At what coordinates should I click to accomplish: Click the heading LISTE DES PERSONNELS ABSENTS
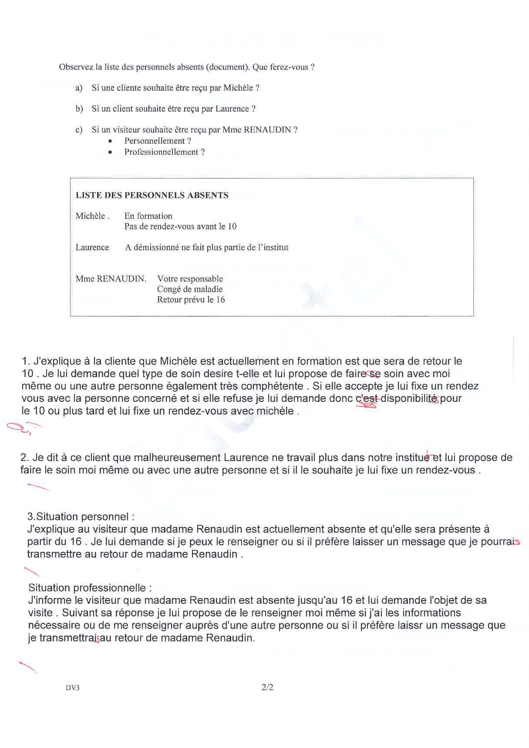tap(152, 195)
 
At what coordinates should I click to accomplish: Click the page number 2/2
tap(267, 687)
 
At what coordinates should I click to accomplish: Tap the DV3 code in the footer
tap(73, 688)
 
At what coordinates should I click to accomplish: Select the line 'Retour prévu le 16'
tap(191, 300)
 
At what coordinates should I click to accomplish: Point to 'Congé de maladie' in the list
tap(190, 289)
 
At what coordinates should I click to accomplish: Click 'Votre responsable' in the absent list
tap(190, 279)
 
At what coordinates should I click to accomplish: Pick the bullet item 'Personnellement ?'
tap(158, 141)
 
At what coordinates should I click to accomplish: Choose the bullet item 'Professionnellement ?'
tap(165, 152)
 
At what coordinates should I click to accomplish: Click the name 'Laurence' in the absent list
tap(92, 248)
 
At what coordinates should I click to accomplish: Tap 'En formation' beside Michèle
tap(148, 216)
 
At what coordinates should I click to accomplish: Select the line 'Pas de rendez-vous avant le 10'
tap(180, 227)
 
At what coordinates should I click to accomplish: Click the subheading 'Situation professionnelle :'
tap(90, 588)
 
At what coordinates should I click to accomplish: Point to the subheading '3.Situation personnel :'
tap(81, 517)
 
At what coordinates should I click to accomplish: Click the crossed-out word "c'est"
tap(367, 398)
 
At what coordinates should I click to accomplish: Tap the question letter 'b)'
tap(79, 109)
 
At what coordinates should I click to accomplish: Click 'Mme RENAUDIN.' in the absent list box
tap(111, 279)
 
